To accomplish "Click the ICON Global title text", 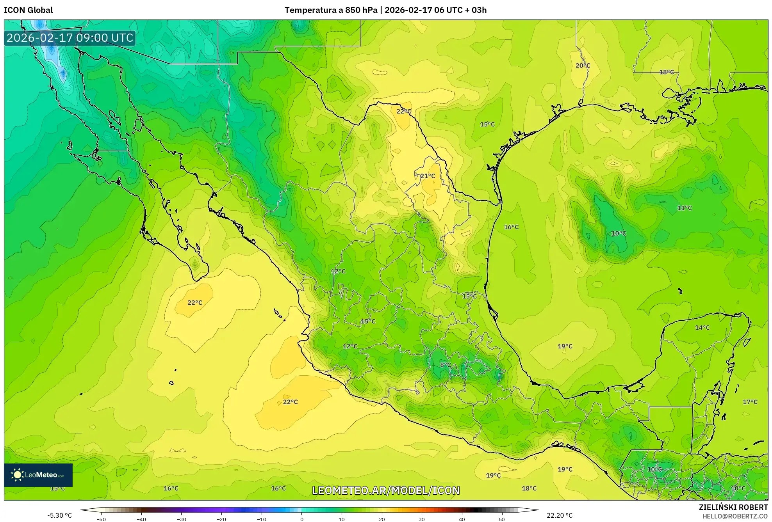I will [28, 10].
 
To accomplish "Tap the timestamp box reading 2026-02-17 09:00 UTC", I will [70, 38].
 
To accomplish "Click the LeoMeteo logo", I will [38, 475].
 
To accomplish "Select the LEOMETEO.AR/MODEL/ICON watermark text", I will [386, 490].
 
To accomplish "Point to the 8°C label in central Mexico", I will [445, 365].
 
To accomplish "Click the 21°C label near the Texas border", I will [428, 176].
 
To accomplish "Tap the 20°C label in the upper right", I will [583, 66].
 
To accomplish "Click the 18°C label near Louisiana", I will [666, 72].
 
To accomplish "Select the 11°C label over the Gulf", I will [684, 208].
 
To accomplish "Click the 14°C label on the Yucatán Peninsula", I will [702, 328].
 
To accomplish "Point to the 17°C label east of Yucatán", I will [750, 402].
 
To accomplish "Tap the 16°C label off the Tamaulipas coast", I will [511, 227].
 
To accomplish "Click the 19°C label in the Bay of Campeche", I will [565, 346].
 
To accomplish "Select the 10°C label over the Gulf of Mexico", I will [619, 233].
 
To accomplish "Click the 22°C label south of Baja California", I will [194, 302].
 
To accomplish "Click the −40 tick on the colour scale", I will [141, 519].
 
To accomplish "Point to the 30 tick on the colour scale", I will [421, 519].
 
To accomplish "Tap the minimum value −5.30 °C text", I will [59, 515].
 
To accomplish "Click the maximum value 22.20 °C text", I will [559, 515].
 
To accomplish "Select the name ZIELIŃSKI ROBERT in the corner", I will [733, 507].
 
